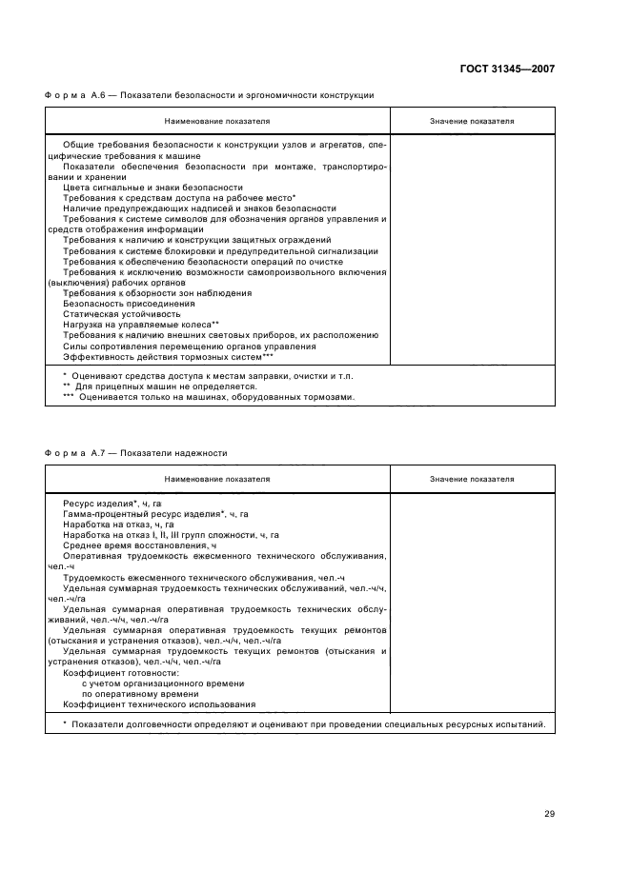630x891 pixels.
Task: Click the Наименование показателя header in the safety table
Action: tap(217, 122)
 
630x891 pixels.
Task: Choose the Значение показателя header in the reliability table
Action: tap(472, 479)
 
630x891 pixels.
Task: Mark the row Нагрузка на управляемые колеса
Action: tap(141, 325)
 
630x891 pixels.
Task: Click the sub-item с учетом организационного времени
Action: tap(150, 683)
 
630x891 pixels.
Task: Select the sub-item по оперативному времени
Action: tap(132, 694)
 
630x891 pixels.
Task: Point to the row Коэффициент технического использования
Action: tap(159, 704)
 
